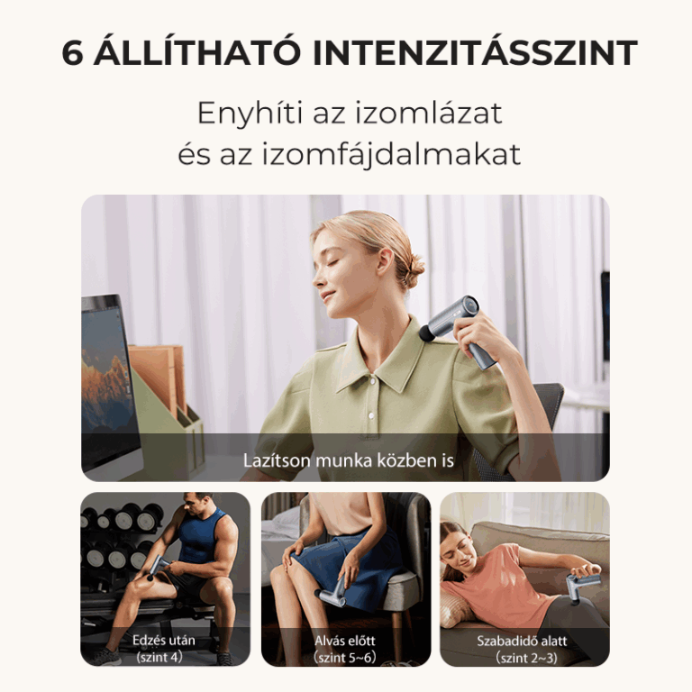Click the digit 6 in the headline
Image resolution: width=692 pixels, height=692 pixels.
click(x=72, y=53)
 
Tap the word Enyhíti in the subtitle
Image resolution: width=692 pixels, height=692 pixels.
click(x=250, y=114)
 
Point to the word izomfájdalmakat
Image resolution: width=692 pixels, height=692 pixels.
click(x=391, y=154)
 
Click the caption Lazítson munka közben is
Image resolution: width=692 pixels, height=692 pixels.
click(x=348, y=460)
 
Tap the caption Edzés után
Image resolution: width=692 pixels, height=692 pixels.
click(x=164, y=640)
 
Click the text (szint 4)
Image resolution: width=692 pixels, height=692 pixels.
click(x=159, y=657)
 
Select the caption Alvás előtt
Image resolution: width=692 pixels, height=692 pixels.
click(x=345, y=641)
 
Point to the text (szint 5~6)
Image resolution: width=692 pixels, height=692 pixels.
click(x=345, y=658)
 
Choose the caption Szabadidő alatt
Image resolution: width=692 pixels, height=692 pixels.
click(x=522, y=641)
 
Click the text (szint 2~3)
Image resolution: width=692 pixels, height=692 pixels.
click(x=526, y=658)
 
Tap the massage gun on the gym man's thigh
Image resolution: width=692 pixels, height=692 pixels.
click(x=156, y=568)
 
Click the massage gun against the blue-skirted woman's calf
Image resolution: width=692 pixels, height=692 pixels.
click(x=331, y=592)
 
